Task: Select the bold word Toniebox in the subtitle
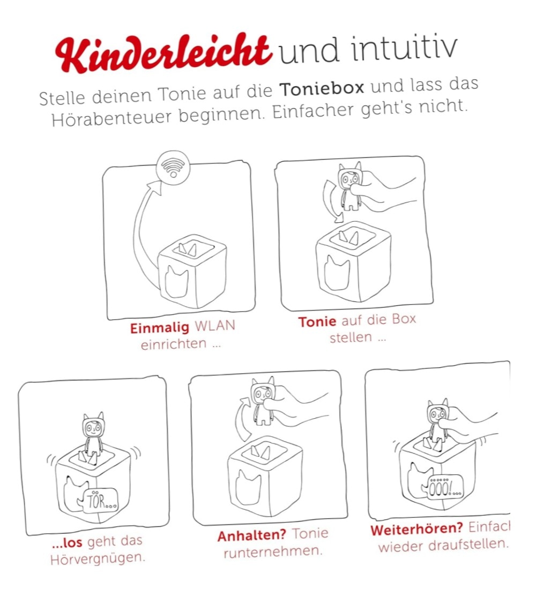coord(322,89)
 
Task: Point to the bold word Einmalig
coord(160,328)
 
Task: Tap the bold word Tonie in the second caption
coord(317,322)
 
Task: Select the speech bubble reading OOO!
coord(444,488)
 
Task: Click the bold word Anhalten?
coord(251,535)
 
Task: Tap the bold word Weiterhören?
coord(416,529)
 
